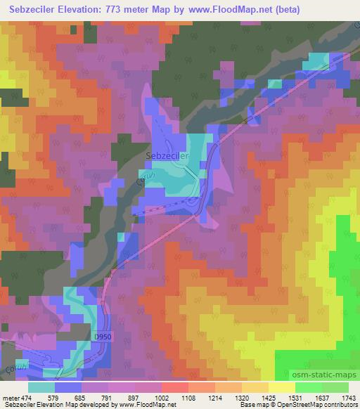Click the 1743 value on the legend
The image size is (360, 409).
[348, 397]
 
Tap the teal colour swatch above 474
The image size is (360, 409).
[41, 387]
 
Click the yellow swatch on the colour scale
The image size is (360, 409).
[281, 387]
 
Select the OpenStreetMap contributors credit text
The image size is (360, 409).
[321, 405]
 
